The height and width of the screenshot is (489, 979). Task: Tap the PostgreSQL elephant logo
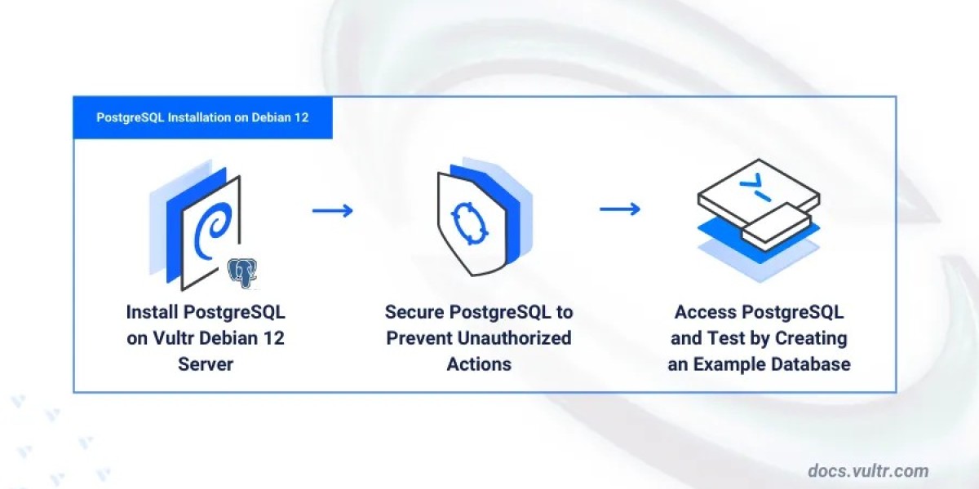(x=242, y=271)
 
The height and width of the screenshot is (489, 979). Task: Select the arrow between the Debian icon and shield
(x=333, y=210)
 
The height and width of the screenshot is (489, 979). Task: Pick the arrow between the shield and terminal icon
(x=620, y=210)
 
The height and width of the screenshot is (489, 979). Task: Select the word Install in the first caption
(x=153, y=312)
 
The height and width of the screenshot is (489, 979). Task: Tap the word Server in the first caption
(x=206, y=364)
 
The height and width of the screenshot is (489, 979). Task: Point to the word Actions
(x=479, y=364)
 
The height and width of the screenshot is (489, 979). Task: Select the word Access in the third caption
(x=704, y=312)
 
